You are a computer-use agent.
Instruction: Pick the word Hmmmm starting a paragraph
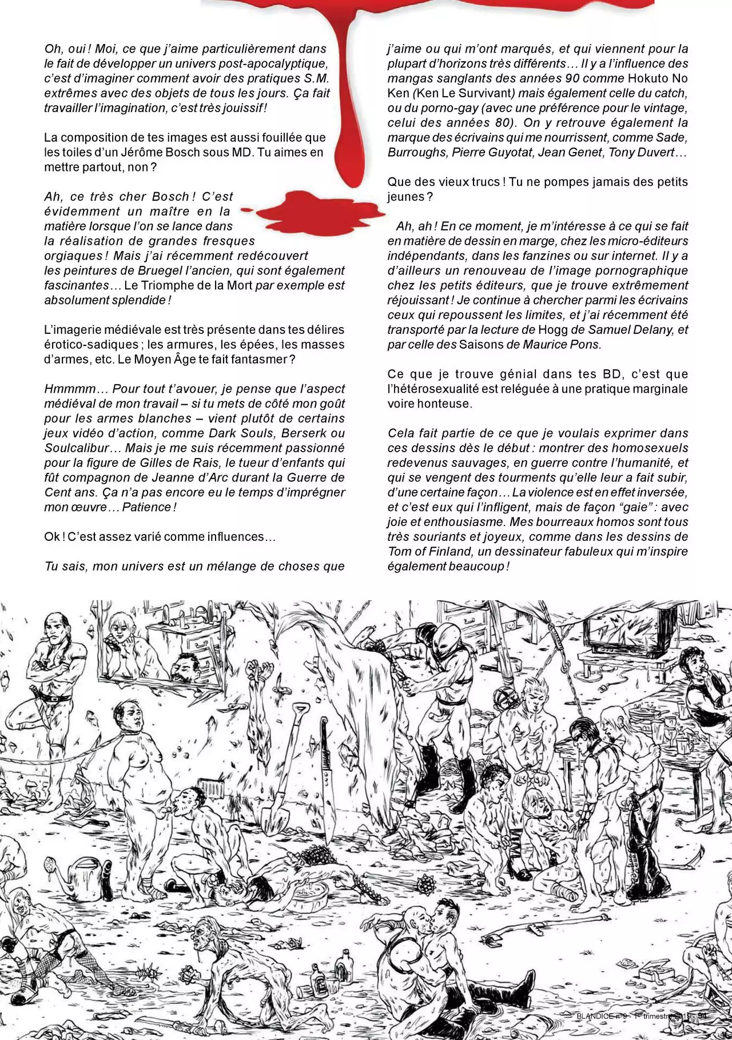tap(70, 389)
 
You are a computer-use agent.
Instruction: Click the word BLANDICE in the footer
tap(594, 1016)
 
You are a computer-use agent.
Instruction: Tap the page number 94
tap(702, 1016)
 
